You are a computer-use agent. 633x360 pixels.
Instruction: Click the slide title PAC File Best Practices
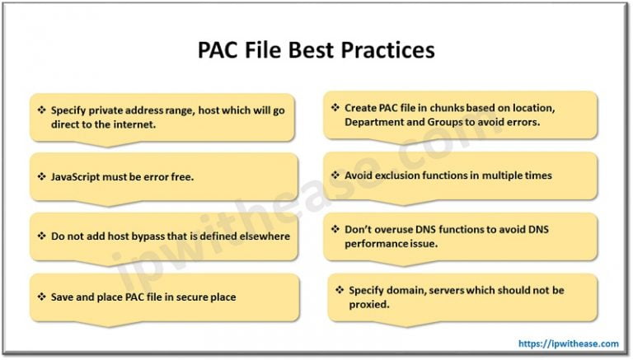316,50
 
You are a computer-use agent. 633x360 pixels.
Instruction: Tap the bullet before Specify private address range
41,110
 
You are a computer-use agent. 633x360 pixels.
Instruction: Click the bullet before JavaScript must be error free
41,176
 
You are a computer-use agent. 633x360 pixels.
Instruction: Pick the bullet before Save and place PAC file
41,297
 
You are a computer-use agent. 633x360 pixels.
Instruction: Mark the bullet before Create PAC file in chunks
335,108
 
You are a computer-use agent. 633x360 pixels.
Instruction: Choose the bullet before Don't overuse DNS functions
335,230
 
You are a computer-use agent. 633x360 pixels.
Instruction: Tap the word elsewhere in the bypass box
260,236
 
